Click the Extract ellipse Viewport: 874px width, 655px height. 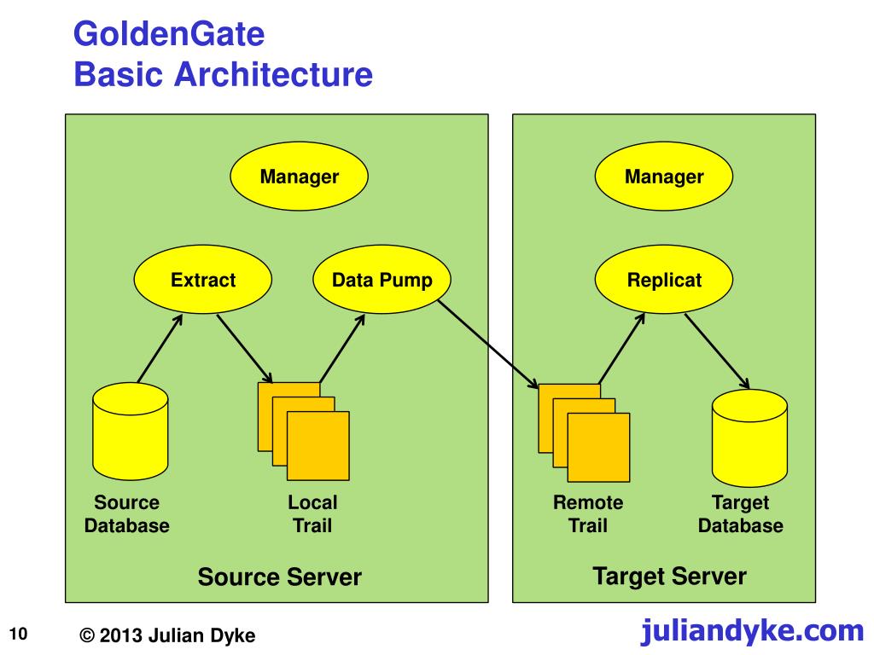(x=203, y=279)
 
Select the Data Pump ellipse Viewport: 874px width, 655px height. (x=382, y=279)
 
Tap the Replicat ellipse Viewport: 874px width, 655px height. (x=664, y=279)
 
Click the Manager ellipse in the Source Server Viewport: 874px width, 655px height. (x=300, y=176)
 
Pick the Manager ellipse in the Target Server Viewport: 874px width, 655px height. (x=664, y=176)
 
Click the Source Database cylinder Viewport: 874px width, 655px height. (x=131, y=431)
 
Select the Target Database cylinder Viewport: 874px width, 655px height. (x=749, y=438)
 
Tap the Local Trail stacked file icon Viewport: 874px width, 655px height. (x=304, y=431)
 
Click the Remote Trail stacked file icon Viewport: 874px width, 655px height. (x=584, y=432)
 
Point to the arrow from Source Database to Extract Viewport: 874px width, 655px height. (x=160, y=349)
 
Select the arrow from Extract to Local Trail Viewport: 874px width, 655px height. (x=245, y=349)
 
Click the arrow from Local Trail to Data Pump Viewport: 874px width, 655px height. (x=342, y=349)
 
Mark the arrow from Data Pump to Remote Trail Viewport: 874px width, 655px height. (x=488, y=345)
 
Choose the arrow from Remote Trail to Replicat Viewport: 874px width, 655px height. (x=621, y=349)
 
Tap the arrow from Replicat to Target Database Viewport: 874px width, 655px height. (x=717, y=351)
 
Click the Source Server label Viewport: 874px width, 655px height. (x=280, y=577)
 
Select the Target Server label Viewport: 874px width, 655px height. (x=669, y=577)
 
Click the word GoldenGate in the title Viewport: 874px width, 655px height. (x=169, y=34)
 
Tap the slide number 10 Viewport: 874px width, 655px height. (x=19, y=634)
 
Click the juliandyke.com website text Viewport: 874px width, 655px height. (x=753, y=631)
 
